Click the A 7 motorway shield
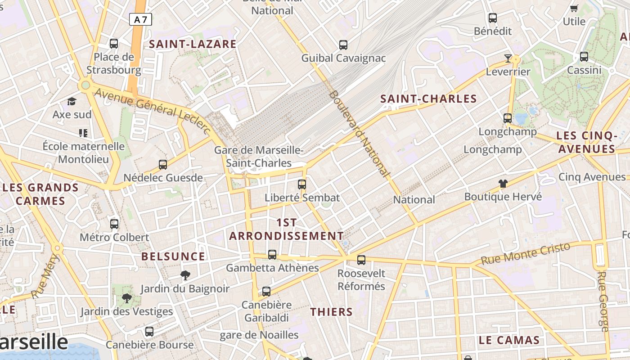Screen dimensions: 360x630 140,19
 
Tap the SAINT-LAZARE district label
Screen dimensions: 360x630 193,44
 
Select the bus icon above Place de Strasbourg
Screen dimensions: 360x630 114,44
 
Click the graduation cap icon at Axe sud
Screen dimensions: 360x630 72,101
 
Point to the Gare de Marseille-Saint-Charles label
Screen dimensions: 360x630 259,157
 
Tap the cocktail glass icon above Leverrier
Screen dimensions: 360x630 508,58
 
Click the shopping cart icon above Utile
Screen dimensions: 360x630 574,8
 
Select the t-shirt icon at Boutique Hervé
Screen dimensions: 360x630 503,184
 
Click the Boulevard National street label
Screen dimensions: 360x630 359,133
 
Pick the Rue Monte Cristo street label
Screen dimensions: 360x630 526,254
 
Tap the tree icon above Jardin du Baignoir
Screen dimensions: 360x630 185,275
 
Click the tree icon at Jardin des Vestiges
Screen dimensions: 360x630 127,298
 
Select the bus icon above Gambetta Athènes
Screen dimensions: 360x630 272,255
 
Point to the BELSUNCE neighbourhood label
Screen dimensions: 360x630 173,256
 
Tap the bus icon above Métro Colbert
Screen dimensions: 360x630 114,224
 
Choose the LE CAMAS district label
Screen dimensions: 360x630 509,340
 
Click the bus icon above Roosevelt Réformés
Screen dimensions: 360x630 361,260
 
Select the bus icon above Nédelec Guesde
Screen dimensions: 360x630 163,165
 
